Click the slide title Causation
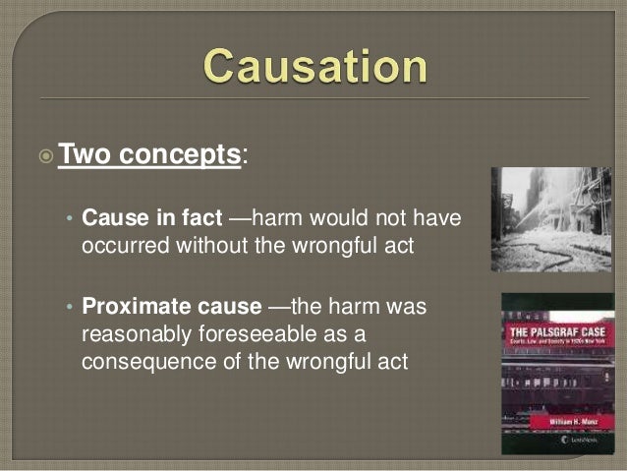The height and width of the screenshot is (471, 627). (315, 67)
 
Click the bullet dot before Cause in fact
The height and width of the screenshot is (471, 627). (69, 217)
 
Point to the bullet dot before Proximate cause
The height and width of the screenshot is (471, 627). (69, 308)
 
